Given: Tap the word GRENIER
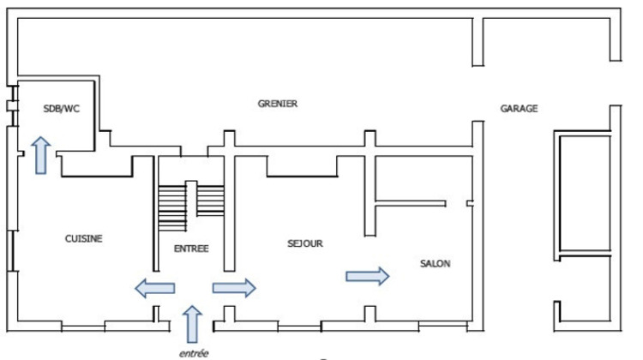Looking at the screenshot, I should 277,104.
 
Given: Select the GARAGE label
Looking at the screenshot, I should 519,109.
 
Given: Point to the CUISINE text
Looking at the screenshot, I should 83,239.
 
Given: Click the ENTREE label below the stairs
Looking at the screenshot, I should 191,249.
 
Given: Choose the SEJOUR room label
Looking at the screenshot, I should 304,243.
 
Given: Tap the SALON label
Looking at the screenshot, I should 435,263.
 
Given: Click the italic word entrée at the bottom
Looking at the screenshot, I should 193,352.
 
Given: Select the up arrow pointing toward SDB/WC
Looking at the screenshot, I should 40,154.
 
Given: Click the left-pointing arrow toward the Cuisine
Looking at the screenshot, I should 155,288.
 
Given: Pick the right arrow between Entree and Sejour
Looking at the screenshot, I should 233,288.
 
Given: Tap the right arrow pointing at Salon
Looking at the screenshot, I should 367,275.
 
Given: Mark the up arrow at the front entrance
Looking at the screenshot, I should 192,325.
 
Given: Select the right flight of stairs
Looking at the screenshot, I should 210,199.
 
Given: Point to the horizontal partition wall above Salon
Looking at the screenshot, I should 412,204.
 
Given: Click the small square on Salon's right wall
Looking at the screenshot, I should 470,203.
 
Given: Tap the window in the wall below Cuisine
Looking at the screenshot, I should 83,327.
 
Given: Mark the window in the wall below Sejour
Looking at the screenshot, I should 298,327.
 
